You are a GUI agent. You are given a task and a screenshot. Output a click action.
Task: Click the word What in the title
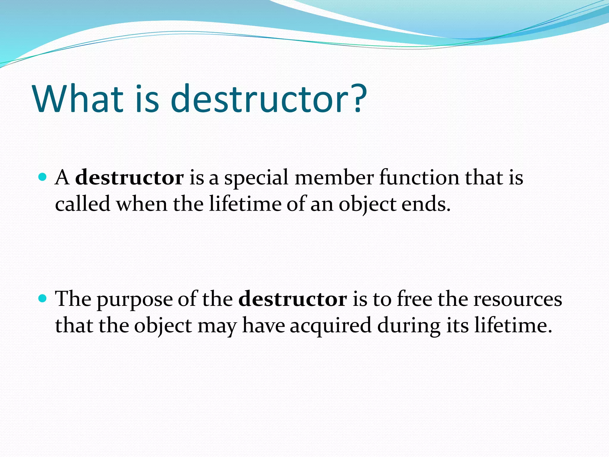coord(78,99)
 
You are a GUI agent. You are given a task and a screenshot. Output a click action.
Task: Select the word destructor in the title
coord(259,99)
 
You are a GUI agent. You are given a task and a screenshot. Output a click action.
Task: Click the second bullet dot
coord(43,298)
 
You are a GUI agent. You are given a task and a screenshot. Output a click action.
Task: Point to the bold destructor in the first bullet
coord(129,178)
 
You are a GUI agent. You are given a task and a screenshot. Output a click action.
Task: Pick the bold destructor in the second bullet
coord(293,299)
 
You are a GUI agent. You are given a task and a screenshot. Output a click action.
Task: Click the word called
coord(83,204)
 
